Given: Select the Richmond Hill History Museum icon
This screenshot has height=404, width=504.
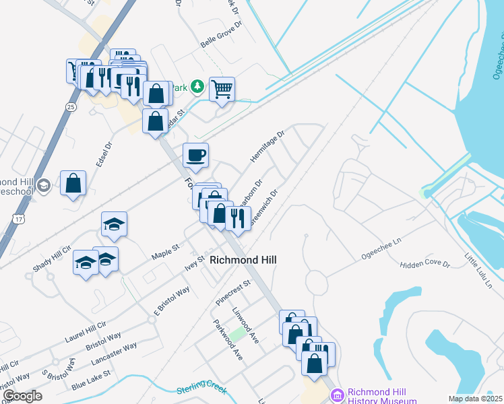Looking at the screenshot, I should point(336,395).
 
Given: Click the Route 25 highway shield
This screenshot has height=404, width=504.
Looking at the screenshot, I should point(71,107).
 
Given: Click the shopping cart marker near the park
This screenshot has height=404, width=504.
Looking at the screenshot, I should point(222,88).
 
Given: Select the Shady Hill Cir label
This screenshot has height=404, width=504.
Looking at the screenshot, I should point(52,259).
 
